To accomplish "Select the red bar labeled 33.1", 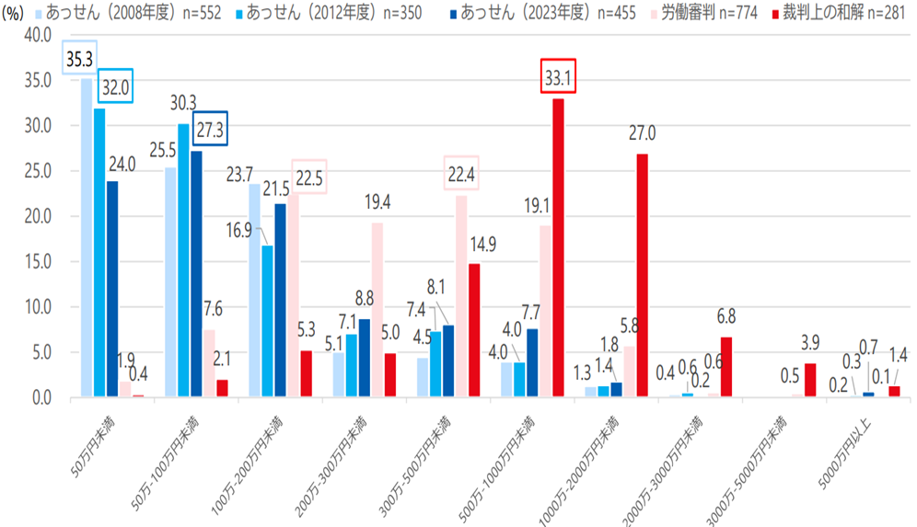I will (x=558, y=248).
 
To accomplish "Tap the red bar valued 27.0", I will (x=642, y=276).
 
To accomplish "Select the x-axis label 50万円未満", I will (x=95, y=450).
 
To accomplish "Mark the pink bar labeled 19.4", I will (x=377, y=310).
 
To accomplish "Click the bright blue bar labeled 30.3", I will (x=183, y=260).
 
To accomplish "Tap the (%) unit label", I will (x=17, y=12).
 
